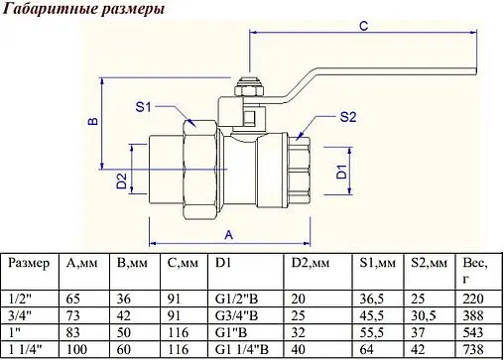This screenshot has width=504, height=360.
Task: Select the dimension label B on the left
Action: (90, 121)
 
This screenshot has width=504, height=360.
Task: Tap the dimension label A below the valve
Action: (229, 234)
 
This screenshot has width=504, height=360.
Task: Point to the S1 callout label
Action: (142, 106)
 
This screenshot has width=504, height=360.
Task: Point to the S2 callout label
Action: (347, 116)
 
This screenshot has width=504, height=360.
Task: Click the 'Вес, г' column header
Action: (471, 273)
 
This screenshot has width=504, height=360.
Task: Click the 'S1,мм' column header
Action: (377, 264)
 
